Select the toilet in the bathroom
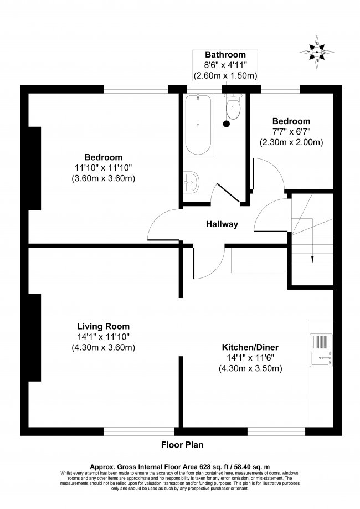pos(233,107)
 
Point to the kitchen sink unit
pos(321,351)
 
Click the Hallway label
pos(222,224)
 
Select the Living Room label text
pos(103,326)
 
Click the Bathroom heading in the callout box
pos(225,55)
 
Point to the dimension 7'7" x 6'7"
pos(291,132)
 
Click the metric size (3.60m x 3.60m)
pos(104,178)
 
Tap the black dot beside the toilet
pos(226,124)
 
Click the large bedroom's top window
pos(136,89)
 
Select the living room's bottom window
pos(139,431)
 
